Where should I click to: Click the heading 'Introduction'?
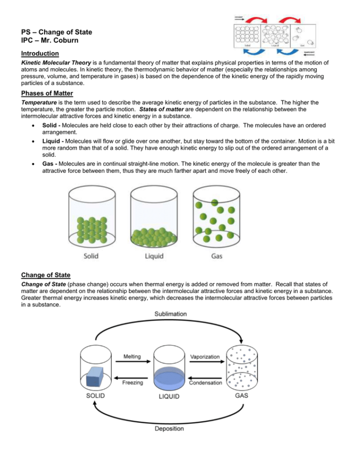[x=40, y=53]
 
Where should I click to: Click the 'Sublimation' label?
[x=171, y=314]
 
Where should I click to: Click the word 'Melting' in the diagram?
[x=132, y=356]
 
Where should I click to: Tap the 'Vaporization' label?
[x=205, y=357]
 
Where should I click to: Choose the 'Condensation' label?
[x=205, y=383]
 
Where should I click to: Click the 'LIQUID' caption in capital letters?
[x=169, y=397]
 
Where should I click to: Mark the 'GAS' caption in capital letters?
[x=242, y=396]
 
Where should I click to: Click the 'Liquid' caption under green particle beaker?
[x=154, y=256]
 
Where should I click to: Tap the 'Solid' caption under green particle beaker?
[x=91, y=256]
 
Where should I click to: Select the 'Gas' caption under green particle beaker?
[x=217, y=256]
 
